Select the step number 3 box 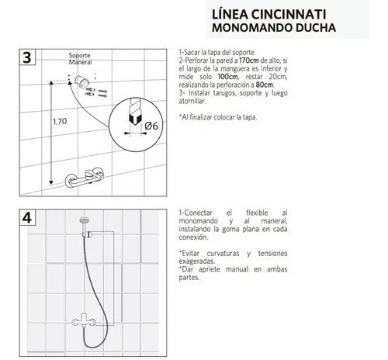coord(27,57)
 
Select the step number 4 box coord(27,217)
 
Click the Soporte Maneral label coord(80,59)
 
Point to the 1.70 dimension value coord(60,121)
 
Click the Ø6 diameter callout coord(151,126)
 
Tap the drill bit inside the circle coord(135,112)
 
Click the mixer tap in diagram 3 coord(85,178)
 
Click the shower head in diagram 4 coord(85,220)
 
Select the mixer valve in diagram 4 coord(84,320)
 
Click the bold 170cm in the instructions coord(249,61)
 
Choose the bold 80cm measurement coord(265,85)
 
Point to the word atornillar coord(192,101)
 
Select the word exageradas coord(197,261)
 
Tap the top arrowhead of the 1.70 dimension coord(51,83)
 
